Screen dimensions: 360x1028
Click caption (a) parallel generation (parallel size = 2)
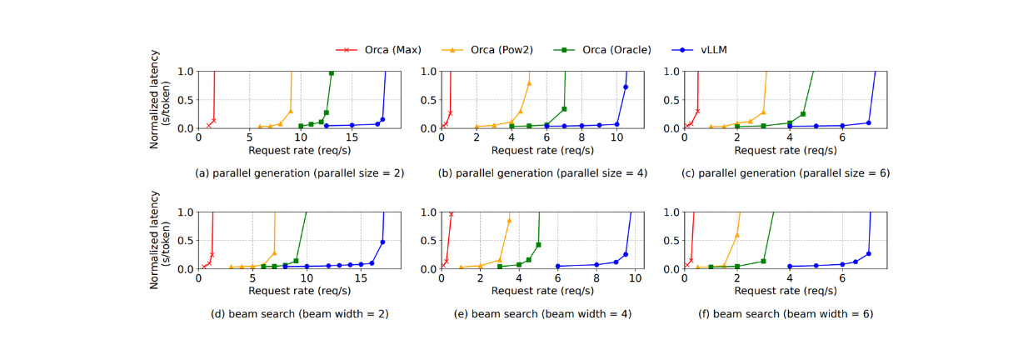point(299,173)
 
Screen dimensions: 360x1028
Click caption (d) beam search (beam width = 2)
point(299,314)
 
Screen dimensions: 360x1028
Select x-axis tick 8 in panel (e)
point(596,279)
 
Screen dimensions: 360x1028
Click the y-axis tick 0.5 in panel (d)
point(185,240)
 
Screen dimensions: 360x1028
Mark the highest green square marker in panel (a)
point(332,73)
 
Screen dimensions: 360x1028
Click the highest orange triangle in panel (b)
point(529,82)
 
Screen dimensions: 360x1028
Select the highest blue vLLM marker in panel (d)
point(382,242)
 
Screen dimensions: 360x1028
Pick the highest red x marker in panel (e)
point(452,214)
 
